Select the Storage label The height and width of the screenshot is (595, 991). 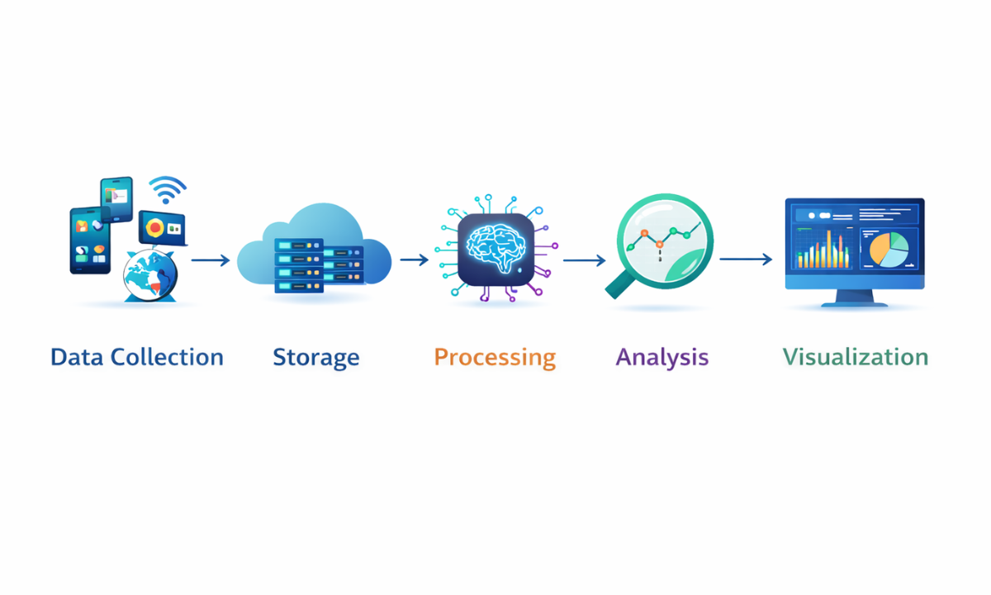316,358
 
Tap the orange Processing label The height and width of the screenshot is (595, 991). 495,358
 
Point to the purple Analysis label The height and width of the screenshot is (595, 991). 662,357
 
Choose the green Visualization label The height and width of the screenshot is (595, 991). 856,357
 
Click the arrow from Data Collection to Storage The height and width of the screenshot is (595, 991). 211,260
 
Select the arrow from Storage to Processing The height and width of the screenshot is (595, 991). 415,259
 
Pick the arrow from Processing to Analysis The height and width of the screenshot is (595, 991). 585,260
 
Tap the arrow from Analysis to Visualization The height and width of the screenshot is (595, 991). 746,259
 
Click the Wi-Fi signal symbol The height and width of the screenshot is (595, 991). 168,191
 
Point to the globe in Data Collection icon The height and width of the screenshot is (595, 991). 149,275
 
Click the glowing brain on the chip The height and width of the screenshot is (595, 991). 495,246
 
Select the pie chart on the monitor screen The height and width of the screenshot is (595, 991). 889,248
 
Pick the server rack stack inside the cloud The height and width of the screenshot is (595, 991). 318,264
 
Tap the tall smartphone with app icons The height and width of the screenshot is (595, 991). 90,240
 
